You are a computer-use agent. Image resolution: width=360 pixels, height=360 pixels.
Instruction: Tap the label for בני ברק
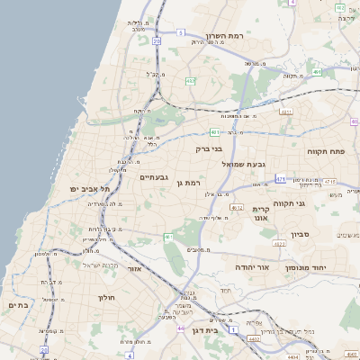(x=209, y=148)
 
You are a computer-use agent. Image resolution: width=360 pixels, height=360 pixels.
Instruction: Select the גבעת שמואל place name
(x=269, y=164)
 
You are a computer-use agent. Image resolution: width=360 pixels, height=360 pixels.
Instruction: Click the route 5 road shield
(x=180, y=33)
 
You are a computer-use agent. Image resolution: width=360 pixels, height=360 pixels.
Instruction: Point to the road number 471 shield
(x=281, y=179)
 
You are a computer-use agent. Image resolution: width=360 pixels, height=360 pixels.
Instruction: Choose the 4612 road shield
(x=237, y=208)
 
